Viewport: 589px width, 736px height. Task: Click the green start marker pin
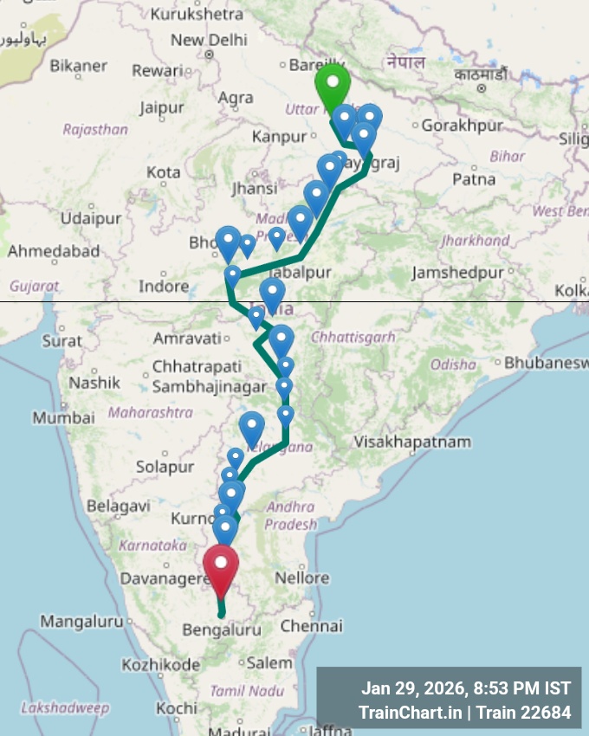332,87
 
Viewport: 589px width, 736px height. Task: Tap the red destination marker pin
221,567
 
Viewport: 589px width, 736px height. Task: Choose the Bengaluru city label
222,630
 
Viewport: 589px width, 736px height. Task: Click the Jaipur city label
162,108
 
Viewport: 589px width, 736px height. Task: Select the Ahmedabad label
54,252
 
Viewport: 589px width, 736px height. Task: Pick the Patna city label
473,179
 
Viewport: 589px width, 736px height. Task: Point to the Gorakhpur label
462,126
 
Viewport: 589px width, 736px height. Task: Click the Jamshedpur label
457,273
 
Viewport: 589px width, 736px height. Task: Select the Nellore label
301,578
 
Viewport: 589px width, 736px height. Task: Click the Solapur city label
165,467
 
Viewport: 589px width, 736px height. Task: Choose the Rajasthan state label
95,130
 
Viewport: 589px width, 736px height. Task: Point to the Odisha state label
452,365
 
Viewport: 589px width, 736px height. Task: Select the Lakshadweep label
65,708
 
